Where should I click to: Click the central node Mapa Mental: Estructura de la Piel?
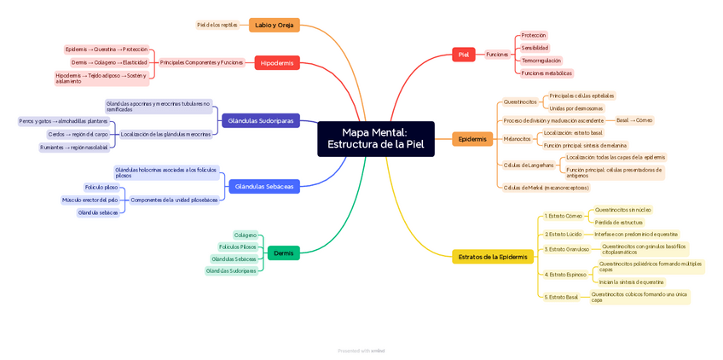[375, 138]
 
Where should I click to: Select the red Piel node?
[463, 55]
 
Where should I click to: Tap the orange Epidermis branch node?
[471, 139]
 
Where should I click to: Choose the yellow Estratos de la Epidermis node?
[492, 257]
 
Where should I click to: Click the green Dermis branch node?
[283, 253]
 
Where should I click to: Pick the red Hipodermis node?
[276, 63]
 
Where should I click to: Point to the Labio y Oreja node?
[274, 25]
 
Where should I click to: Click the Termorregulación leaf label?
[541, 61]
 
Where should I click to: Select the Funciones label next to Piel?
[497, 55]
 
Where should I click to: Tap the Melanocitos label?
[517, 139]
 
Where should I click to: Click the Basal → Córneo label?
[634, 120]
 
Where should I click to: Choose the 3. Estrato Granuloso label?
[567, 249]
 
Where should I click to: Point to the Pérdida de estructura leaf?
[619, 222]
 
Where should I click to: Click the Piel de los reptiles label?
[217, 25]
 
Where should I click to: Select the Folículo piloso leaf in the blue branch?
[101, 187]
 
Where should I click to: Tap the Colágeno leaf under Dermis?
[245, 235]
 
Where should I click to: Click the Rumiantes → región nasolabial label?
[74, 148]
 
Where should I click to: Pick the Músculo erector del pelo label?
[90, 200]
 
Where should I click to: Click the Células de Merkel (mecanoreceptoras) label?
[546, 188]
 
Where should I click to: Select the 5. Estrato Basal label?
[561, 297]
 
